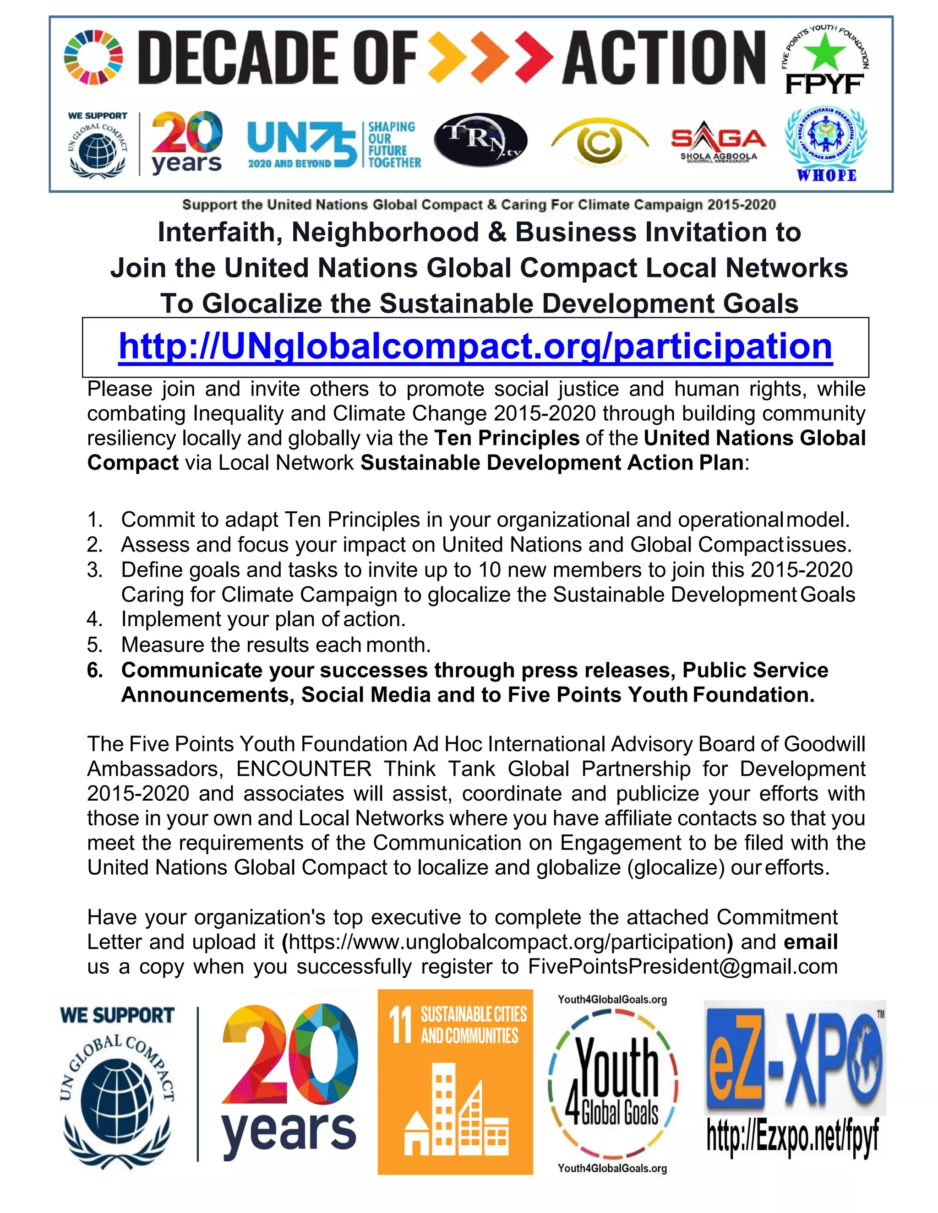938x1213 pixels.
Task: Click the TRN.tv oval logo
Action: [x=480, y=141]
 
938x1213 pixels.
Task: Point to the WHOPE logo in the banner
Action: [x=826, y=143]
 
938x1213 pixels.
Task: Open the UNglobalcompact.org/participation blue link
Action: [x=475, y=346]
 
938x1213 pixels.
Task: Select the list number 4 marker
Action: [x=94, y=619]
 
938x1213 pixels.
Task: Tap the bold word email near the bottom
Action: [x=810, y=942]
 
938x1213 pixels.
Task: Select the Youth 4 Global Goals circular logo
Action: [x=612, y=1083]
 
